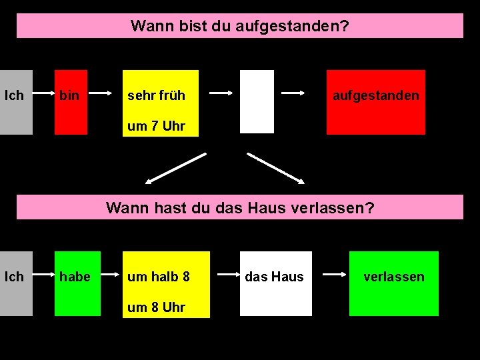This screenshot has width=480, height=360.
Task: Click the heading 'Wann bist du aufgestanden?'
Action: (239, 26)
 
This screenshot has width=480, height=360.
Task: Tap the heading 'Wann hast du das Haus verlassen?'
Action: (240, 207)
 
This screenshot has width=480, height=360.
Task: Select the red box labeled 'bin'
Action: (71, 101)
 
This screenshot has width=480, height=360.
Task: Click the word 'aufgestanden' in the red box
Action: (376, 95)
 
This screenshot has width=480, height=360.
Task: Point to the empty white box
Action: (257, 101)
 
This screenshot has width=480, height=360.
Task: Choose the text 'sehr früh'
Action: (156, 95)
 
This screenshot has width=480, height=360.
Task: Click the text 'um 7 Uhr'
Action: (156, 126)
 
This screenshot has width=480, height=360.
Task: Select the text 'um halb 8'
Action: (159, 276)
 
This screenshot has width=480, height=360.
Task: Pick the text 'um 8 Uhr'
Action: (156, 307)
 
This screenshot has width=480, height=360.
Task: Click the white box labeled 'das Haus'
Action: (275, 283)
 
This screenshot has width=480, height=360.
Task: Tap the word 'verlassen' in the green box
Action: (393, 277)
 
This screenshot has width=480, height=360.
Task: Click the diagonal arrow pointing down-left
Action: (176, 167)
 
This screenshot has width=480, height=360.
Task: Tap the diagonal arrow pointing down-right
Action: (276, 167)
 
